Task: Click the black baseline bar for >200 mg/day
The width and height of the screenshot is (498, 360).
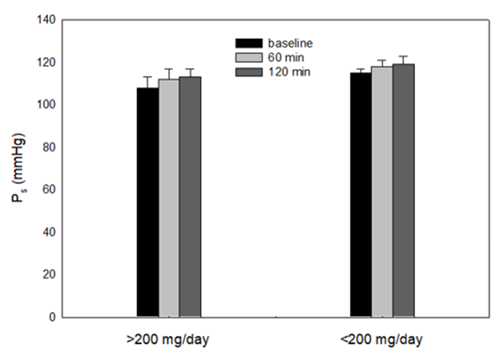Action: click(147, 202)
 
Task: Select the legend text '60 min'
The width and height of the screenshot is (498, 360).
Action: click(283, 57)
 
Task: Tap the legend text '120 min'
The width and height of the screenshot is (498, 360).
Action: click(286, 72)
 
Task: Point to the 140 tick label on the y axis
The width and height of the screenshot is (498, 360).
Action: click(45, 19)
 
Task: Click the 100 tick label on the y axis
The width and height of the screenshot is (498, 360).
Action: click(45, 104)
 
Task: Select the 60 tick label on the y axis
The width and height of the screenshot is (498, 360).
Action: click(49, 190)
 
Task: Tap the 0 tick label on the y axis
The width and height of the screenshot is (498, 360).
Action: click(52, 317)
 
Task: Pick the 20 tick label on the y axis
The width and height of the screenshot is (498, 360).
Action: click(49, 275)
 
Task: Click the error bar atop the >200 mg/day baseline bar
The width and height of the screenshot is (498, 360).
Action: click(147, 82)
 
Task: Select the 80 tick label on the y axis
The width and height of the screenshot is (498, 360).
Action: click(49, 147)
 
